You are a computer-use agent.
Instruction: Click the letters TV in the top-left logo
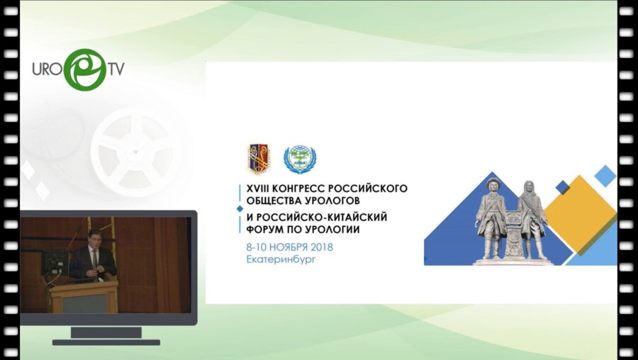point(115,69)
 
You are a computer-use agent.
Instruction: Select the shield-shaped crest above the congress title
point(258,159)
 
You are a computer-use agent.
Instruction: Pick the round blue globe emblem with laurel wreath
point(299,160)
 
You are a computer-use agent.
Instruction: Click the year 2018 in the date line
point(320,247)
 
